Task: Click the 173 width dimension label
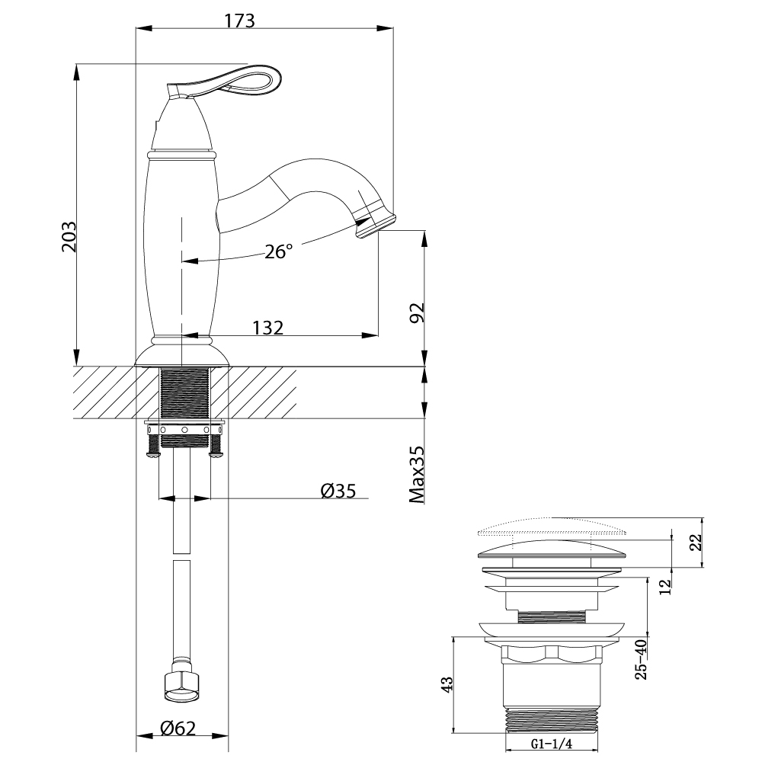[x=239, y=21]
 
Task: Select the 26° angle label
[x=279, y=251]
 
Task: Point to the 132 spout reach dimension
[x=267, y=328]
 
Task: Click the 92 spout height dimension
[x=415, y=312]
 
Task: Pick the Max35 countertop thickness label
[x=415, y=475]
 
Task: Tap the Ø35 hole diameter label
[x=338, y=491]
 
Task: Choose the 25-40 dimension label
[x=640, y=659]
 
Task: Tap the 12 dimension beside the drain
[x=665, y=586]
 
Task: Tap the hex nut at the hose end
[x=182, y=683]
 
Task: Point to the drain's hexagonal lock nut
[x=550, y=653]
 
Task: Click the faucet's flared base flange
[x=182, y=357]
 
